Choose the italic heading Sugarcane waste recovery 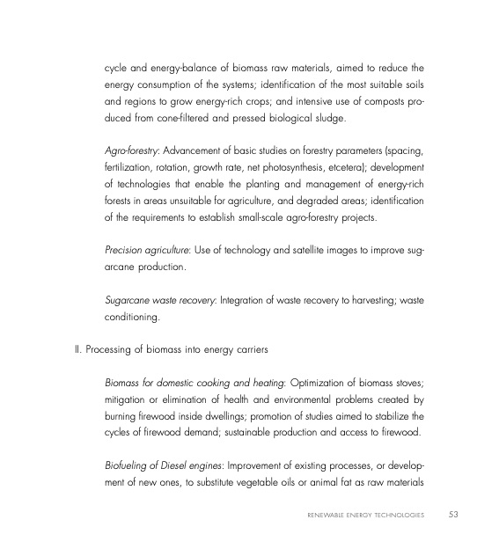pyautogui.click(x=158, y=302)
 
